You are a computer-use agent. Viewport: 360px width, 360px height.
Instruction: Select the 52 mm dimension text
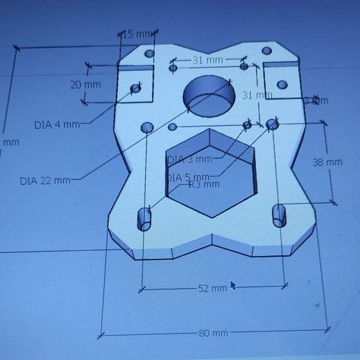[x=213, y=287]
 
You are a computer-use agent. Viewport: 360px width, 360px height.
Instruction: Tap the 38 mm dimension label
[x=327, y=163]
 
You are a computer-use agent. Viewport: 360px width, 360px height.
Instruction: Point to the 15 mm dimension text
[x=137, y=34]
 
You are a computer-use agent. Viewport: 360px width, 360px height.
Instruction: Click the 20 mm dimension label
[x=86, y=84]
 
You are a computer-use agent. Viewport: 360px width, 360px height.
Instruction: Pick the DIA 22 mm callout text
[x=45, y=181]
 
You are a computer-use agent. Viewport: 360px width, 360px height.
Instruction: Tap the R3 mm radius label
[x=204, y=185]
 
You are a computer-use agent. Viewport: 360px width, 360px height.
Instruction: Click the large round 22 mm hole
[x=207, y=98]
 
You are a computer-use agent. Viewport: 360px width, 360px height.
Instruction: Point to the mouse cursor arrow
[x=233, y=285]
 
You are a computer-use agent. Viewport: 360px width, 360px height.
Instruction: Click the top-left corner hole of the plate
[x=149, y=54]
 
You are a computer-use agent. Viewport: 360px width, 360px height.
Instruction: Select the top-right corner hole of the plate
[x=266, y=51]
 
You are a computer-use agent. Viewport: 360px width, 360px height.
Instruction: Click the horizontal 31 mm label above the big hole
[x=207, y=61]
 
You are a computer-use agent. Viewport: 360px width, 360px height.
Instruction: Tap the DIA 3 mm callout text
[x=186, y=159]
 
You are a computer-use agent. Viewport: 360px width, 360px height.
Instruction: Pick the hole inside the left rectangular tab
[x=136, y=89]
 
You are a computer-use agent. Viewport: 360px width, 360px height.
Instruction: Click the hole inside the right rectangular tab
[x=281, y=85]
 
